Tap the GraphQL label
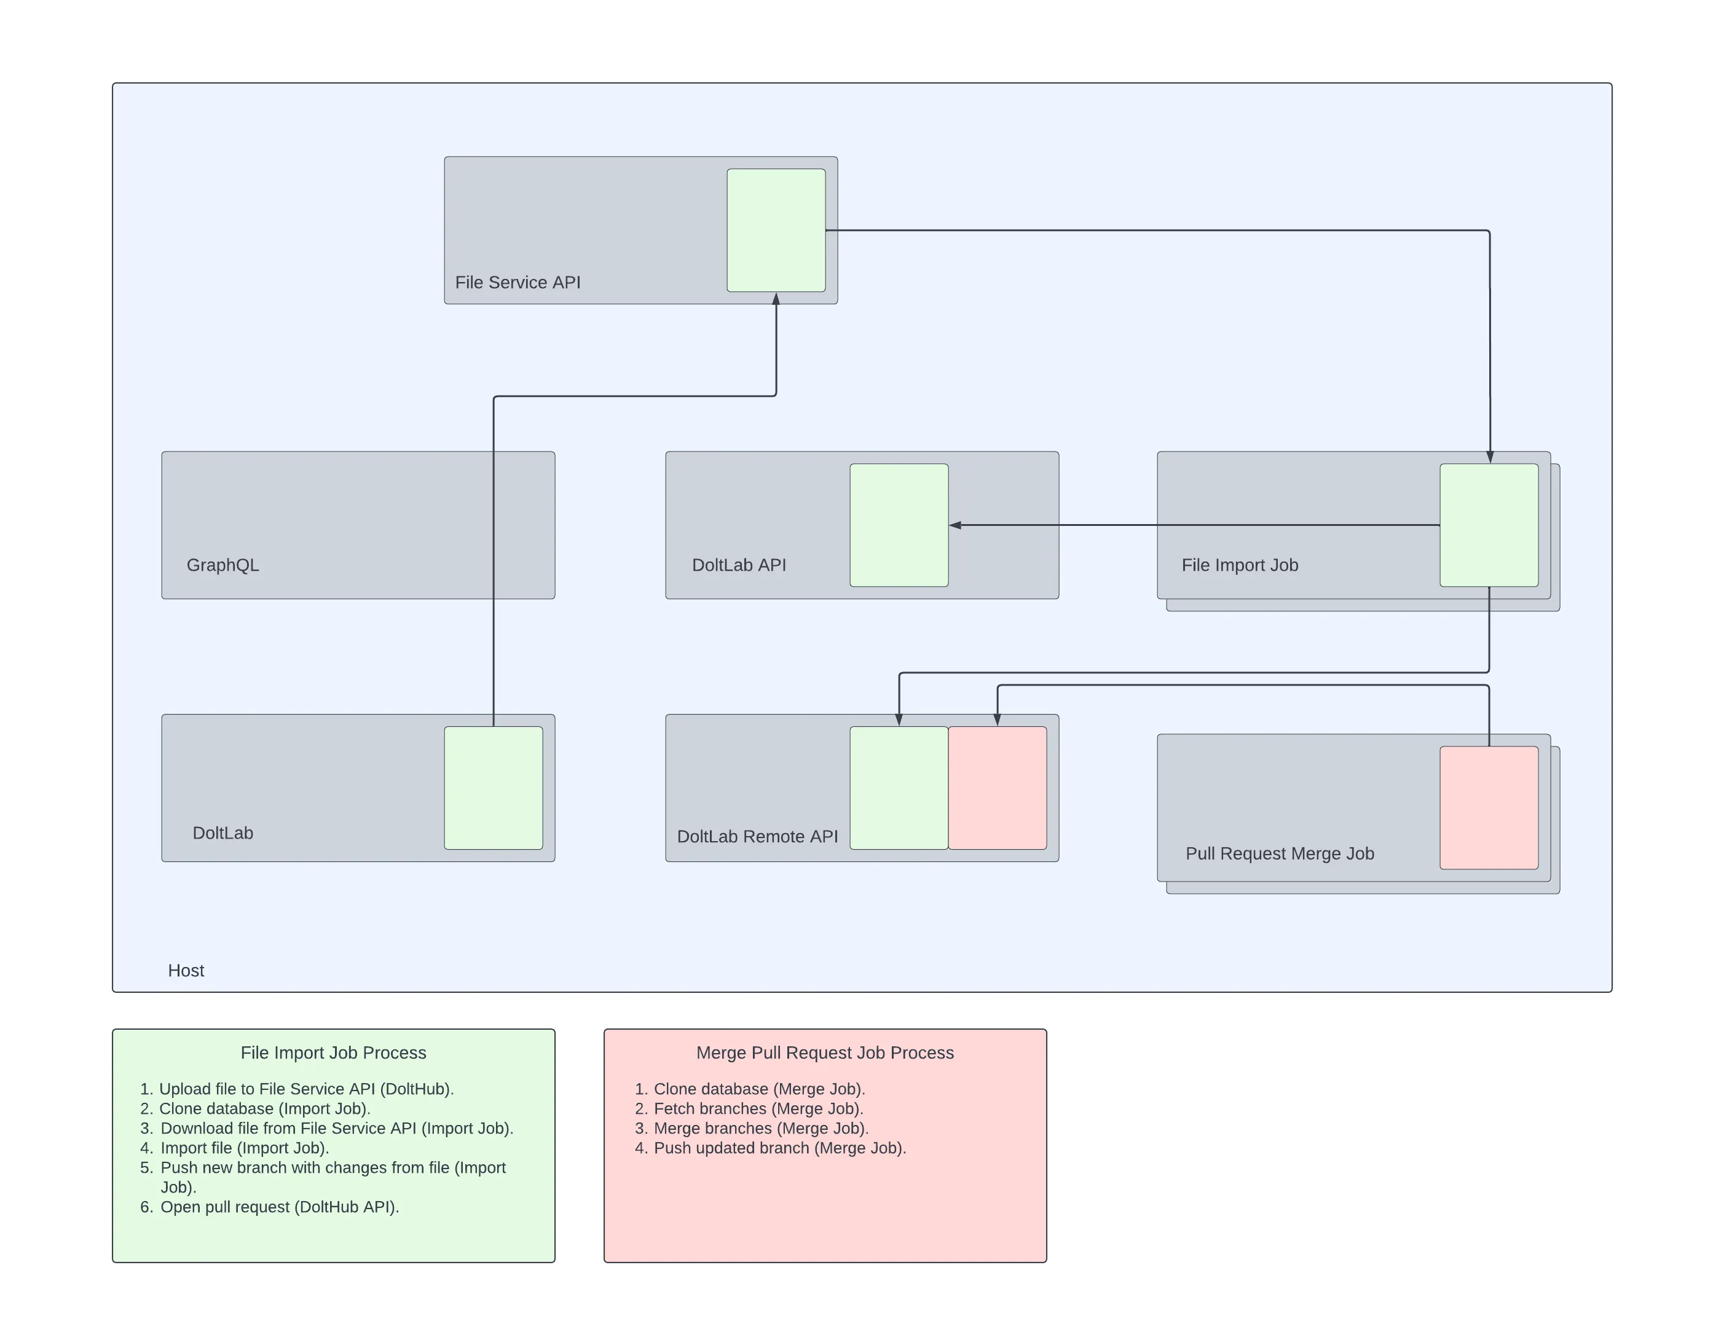click(x=222, y=565)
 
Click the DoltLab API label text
click(x=738, y=565)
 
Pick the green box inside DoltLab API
click(x=899, y=525)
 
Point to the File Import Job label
click(x=1239, y=565)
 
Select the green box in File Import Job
click(x=1488, y=525)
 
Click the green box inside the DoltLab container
click(x=494, y=788)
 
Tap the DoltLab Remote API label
click(x=757, y=836)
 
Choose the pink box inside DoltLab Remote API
click(x=997, y=788)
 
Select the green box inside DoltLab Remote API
click(x=899, y=788)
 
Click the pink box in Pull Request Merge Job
click(x=1488, y=807)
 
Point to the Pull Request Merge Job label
click(x=1279, y=854)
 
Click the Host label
click(x=186, y=971)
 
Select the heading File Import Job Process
click(x=333, y=1052)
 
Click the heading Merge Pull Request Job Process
click(x=824, y=1052)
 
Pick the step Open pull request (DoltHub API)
click(x=280, y=1207)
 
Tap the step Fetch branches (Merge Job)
click(x=758, y=1109)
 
